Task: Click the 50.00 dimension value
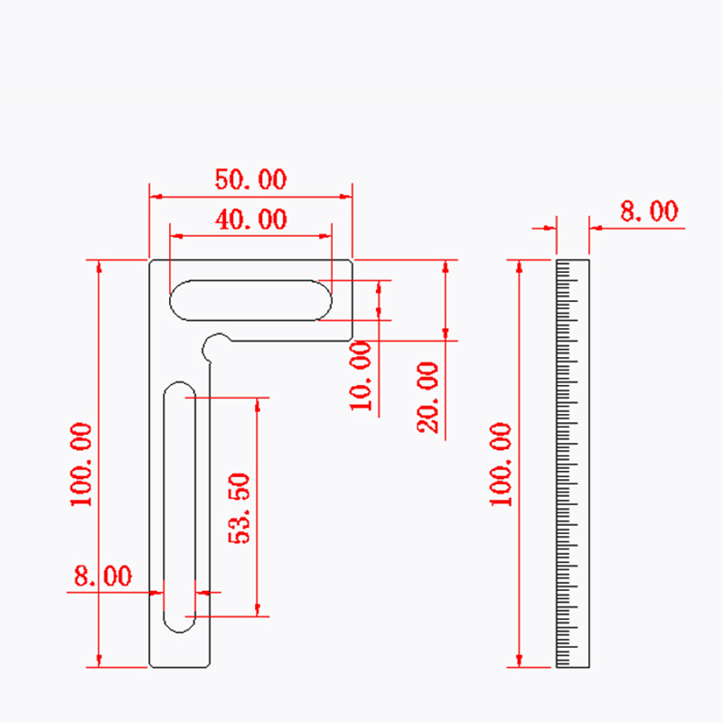pyautogui.click(x=250, y=179)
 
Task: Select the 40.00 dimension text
pyautogui.click(x=250, y=220)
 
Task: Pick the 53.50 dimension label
pyautogui.click(x=239, y=508)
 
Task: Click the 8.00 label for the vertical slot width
pyautogui.click(x=102, y=577)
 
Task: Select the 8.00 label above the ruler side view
pyautogui.click(x=648, y=211)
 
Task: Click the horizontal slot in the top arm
pyautogui.click(x=250, y=299)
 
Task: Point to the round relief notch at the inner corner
pyautogui.click(x=215, y=345)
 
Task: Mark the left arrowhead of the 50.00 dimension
pyautogui.click(x=155, y=195)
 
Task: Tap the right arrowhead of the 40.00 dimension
pyautogui.click(x=326, y=236)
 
